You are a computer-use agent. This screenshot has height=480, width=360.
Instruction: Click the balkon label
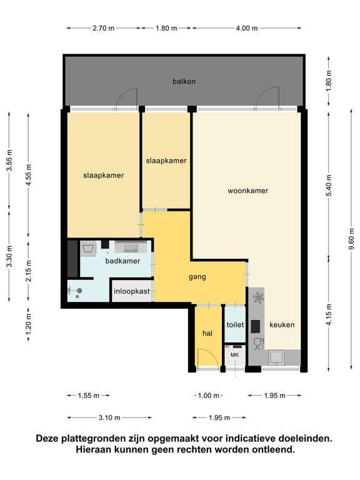pos(184,81)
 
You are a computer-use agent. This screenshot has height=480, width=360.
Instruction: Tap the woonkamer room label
pos(248,191)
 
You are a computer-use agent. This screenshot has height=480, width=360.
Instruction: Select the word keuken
pos(282,325)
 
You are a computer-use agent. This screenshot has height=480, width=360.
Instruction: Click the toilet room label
pos(235,325)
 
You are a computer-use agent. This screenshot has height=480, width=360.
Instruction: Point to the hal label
pos(207,333)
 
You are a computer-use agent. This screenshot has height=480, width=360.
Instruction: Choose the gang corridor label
pos(197,277)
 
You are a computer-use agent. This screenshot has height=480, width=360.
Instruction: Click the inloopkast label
pos(132,291)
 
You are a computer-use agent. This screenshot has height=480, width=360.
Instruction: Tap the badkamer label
pos(122,261)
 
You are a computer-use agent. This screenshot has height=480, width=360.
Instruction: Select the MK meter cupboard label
pos(234,355)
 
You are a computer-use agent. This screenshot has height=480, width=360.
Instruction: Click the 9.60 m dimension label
pos(351,239)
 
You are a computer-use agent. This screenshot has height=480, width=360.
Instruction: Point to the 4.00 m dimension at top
pos(247,28)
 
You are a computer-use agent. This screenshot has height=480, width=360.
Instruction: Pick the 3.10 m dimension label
pos(109,417)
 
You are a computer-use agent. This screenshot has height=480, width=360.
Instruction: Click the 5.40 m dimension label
pos(329,186)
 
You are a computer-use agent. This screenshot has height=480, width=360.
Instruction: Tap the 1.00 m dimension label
pos(209,396)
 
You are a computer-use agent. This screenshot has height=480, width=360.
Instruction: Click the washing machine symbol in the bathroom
pos(88,247)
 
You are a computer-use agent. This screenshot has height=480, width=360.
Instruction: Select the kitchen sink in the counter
pos(277,357)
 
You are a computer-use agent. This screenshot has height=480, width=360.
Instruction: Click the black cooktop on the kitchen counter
pos(256,326)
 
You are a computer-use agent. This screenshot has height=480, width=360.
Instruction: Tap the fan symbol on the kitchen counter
pos(258,297)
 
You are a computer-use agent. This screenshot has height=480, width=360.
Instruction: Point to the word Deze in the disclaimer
pos(47,438)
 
